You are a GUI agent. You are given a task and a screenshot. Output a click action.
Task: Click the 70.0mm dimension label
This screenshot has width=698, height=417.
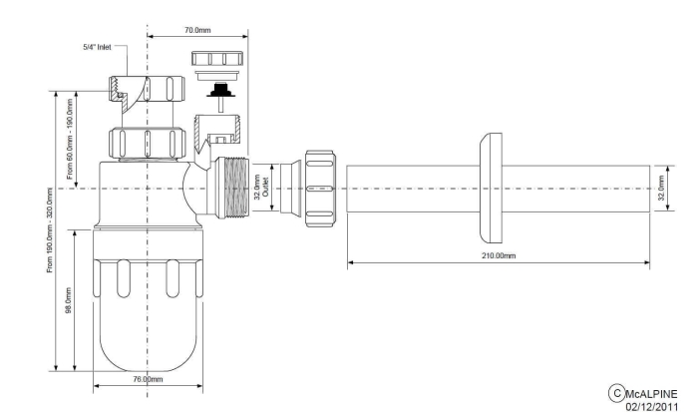pos(197,30)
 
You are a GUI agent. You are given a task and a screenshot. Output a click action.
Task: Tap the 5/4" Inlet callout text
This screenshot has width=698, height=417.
pos(97,47)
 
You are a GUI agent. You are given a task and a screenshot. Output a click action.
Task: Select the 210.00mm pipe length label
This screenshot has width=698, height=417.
pos(499,255)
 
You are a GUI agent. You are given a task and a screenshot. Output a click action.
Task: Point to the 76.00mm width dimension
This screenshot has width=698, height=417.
pos(149,379)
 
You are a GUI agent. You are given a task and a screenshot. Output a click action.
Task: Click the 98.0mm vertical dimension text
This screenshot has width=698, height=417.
pos(69,300)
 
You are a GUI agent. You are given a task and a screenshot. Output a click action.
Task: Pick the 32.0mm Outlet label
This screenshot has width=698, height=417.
pos(261,188)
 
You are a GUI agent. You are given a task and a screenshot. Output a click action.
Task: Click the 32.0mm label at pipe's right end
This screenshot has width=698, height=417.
pos(661,189)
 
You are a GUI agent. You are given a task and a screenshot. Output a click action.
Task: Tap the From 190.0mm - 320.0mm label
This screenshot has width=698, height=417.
pos(50,229)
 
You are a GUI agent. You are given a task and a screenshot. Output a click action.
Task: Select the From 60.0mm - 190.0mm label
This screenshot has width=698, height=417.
pos(70,138)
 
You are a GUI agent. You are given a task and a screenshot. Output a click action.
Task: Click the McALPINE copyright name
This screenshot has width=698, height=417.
pos(651,394)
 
